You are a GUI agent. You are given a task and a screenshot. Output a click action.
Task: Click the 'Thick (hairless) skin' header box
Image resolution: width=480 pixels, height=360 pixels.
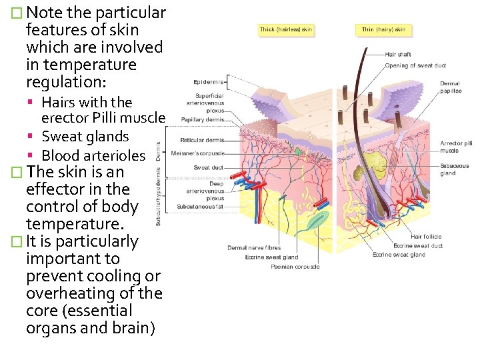click(286, 29)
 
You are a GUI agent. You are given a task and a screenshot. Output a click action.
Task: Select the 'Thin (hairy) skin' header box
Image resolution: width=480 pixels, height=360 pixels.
click(383, 29)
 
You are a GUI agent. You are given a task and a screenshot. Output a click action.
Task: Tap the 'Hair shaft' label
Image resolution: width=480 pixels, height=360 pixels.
click(398, 54)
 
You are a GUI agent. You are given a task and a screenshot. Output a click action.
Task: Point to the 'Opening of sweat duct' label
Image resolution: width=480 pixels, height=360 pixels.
click(415, 65)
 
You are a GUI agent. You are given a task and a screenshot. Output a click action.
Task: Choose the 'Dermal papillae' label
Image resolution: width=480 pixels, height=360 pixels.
click(450, 87)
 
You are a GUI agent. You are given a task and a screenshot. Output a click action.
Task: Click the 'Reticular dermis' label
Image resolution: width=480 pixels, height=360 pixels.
click(202, 140)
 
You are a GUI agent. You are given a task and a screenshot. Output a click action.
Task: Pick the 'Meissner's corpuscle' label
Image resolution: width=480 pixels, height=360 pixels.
click(198, 153)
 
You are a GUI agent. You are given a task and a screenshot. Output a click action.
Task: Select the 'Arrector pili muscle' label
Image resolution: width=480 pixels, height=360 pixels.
click(456, 147)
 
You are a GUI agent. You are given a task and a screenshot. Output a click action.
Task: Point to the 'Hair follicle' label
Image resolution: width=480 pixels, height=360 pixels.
click(426, 237)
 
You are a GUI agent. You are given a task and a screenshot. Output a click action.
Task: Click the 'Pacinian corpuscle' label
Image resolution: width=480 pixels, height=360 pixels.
click(295, 267)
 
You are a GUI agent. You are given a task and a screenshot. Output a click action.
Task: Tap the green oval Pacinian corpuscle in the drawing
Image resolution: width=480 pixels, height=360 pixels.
click(300, 221)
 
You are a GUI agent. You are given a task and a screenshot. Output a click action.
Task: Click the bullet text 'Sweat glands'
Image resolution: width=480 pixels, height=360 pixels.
click(85, 137)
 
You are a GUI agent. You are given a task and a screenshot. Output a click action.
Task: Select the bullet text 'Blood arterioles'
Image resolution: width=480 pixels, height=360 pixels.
click(93, 155)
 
